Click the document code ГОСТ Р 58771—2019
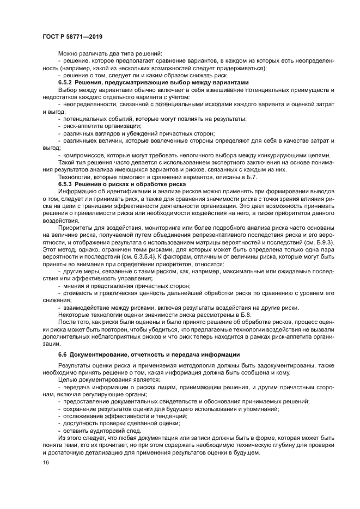[x=72, y=36]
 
